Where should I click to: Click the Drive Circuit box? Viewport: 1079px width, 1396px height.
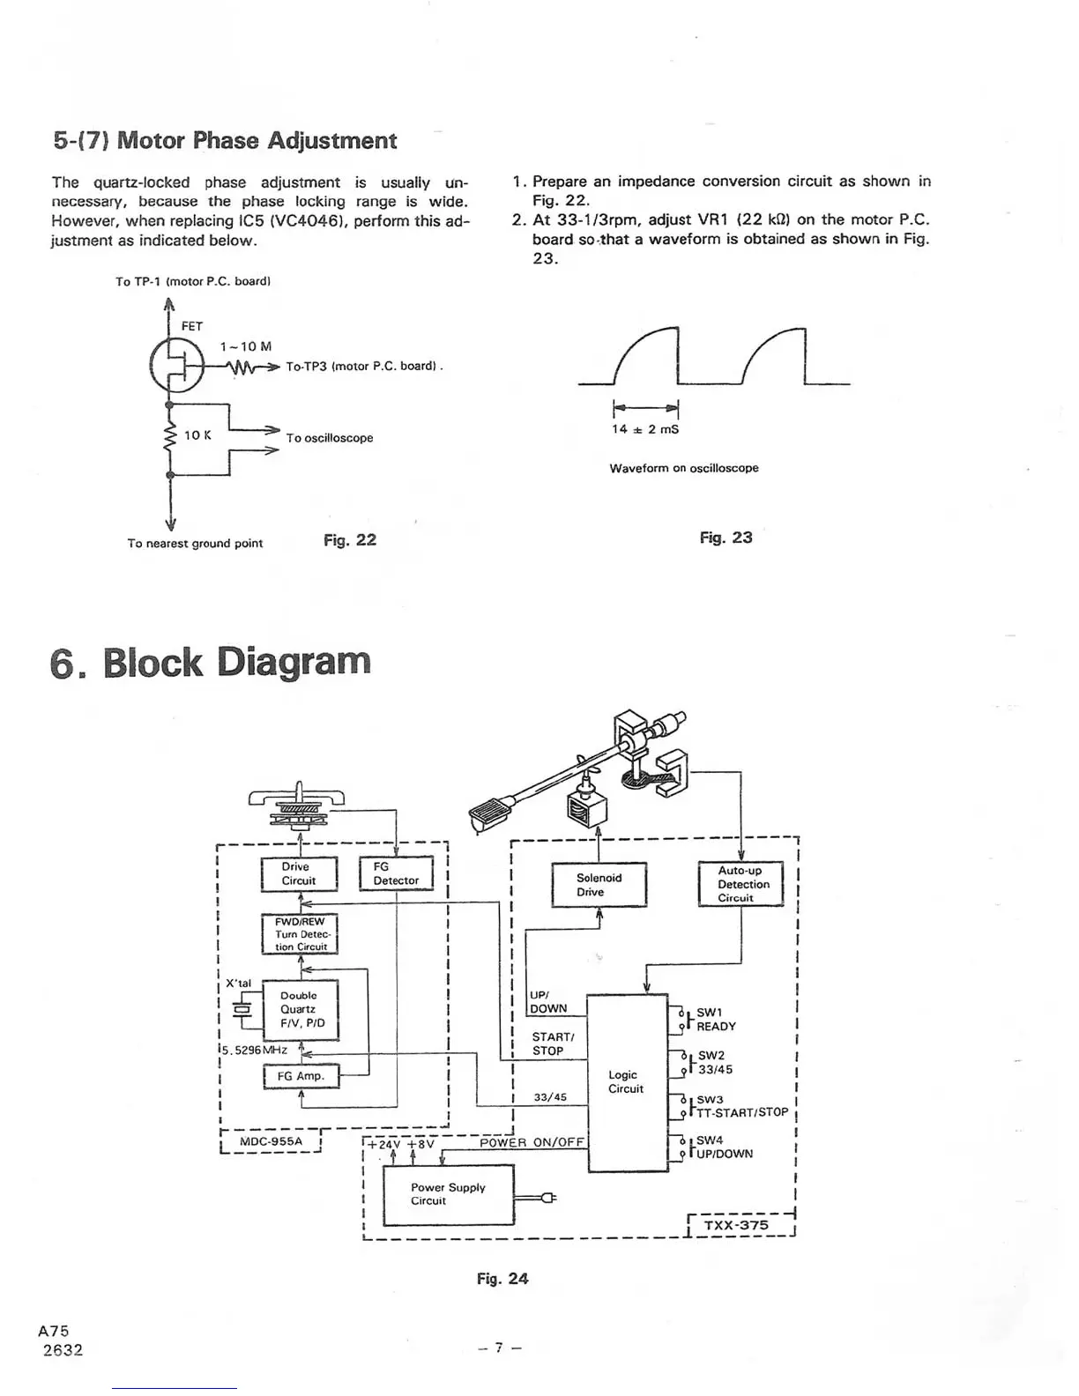pyautogui.click(x=300, y=873)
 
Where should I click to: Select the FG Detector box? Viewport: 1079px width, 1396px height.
pyautogui.click(x=396, y=873)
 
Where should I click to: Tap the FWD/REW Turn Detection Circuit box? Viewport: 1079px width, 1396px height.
pyautogui.click(x=300, y=934)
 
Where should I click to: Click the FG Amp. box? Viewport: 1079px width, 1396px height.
pyautogui.click(x=301, y=1076)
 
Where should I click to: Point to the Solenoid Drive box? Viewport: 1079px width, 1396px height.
pyautogui.click(x=599, y=885)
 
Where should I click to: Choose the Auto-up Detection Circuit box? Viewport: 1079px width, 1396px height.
pyautogui.click(x=740, y=884)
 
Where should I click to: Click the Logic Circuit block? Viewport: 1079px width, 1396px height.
pyautogui.click(x=626, y=1082)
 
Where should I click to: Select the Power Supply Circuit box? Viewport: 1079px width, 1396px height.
pyautogui.click(x=448, y=1194)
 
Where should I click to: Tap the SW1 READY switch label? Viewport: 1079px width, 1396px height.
pyautogui.click(x=715, y=1020)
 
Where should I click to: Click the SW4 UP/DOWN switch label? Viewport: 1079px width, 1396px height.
pyautogui.click(x=724, y=1147)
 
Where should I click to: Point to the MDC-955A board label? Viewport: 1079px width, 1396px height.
pyautogui.click(x=271, y=1141)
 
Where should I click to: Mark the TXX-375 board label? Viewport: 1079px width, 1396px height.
pyautogui.click(x=736, y=1225)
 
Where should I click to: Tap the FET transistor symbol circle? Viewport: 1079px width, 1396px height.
pyautogui.click(x=175, y=366)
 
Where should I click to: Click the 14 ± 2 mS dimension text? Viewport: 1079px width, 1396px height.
pyautogui.click(x=645, y=429)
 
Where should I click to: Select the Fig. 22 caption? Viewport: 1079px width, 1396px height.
pyautogui.click(x=350, y=539)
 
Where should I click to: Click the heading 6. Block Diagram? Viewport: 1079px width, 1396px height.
pyautogui.click(x=211, y=662)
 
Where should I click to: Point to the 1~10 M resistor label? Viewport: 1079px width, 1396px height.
pyautogui.click(x=245, y=346)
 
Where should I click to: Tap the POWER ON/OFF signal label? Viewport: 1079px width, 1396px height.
pyautogui.click(x=532, y=1143)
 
